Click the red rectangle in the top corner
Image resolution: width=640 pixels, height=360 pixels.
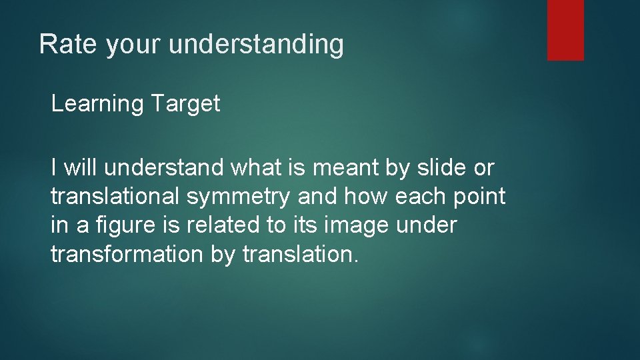(x=565, y=30)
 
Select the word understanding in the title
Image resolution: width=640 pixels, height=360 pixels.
(x=257, y=45)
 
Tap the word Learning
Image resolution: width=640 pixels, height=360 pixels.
(x=97, y=104)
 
